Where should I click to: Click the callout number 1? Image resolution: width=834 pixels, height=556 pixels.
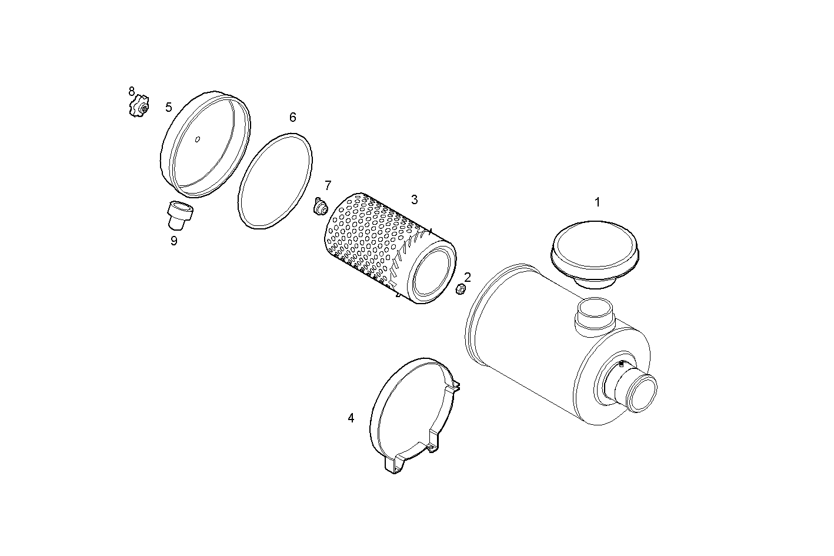coord(597,202)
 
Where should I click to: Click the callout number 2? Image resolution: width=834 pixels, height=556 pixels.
coord(468,277)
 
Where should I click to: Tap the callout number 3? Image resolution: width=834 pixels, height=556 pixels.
coord(414,199)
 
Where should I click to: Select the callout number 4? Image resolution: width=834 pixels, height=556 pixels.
coord(351,418)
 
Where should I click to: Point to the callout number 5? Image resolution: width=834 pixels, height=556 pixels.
coord(169,107)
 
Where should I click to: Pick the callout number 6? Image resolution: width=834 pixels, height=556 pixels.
coord(292,117)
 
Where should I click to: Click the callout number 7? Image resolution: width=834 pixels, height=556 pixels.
coord(328,185)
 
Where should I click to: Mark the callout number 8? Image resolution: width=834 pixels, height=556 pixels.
coord(132,91)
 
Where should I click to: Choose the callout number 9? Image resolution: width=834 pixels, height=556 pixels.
coord(174,241)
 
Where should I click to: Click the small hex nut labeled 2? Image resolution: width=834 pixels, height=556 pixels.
coord(461,289)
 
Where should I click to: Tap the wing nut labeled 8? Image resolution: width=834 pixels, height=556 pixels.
coord(139,106)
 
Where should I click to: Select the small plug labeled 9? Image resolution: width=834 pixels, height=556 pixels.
coord(178,215)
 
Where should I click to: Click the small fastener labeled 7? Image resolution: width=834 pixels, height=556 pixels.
coord(321,207)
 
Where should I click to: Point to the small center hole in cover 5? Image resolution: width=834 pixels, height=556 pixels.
coord(198,139)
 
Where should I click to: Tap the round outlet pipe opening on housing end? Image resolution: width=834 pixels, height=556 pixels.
coord(642,392)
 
